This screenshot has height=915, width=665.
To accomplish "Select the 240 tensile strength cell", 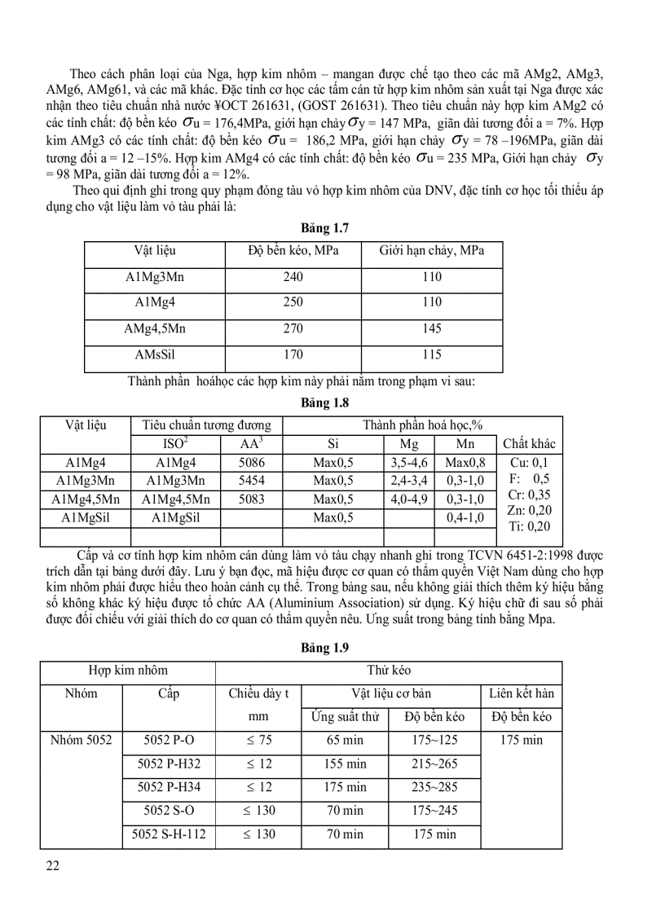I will point(293,277).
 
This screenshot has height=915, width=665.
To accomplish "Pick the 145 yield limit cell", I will point(432,328).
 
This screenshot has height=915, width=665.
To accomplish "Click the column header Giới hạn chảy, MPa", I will point(432,251).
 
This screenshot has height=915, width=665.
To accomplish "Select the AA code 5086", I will point(251,463).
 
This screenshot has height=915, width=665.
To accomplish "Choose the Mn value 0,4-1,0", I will point(465,517).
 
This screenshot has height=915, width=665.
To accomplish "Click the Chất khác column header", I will point(529,444).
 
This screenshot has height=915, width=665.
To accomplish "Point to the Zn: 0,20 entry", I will point(529,510).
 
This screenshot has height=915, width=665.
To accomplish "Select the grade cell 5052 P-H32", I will point(169,764).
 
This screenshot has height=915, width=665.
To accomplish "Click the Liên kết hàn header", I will point(522,693).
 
